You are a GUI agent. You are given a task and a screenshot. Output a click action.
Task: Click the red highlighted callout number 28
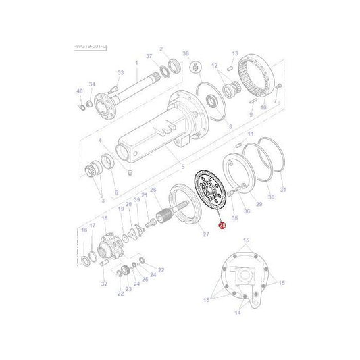(221, 229)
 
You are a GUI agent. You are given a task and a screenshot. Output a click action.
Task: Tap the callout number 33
(121, 72)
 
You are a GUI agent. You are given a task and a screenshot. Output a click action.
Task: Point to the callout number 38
(186, 53)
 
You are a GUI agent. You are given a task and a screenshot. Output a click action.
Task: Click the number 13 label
(235, 53)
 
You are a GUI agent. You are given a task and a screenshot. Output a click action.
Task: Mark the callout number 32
(104, 284)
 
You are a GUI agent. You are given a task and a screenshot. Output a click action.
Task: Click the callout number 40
(79, 91)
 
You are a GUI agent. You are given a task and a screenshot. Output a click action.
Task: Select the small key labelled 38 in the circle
(195, 66)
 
